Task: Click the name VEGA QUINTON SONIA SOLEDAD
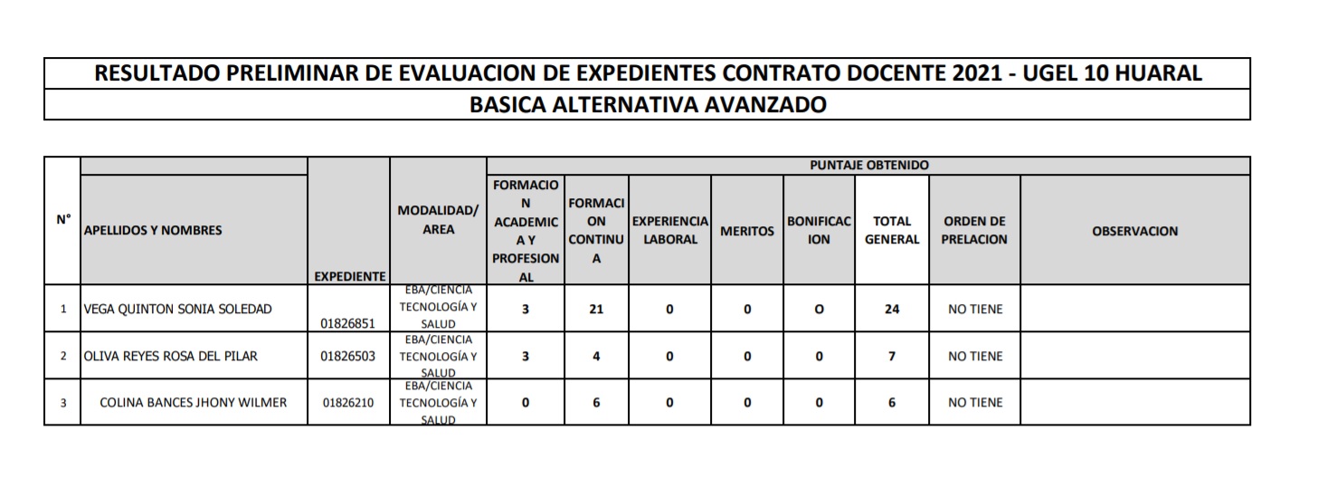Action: coord(177,310)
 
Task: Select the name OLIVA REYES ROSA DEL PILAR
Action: coord(170,357)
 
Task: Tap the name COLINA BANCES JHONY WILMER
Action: coord(193,403)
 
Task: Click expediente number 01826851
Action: coord(348,322)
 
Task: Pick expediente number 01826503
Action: coord(348,357)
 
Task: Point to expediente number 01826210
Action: coord(348,403)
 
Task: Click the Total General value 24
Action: coord(892,310)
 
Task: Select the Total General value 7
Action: coord(892,357)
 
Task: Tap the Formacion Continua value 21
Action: coord(596,310)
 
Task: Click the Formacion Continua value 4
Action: coord(596,357)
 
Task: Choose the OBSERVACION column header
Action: coord(1134,231)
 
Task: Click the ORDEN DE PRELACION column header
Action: coord(974,231)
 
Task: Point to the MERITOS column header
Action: coord(746,232)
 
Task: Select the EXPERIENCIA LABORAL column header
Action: coord(669,231)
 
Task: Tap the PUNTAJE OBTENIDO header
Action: coord(868,166)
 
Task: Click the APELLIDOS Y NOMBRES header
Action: coord(153,231)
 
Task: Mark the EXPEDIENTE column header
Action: coord(348,276)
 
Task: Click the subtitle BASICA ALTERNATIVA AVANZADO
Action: coord(647,105)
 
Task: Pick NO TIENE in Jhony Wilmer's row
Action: coord(974,403)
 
